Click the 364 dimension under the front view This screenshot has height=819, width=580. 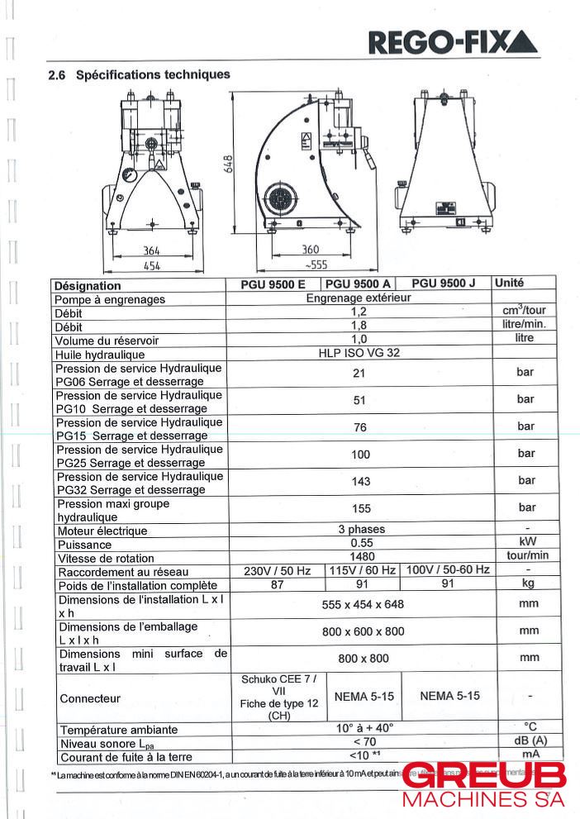(150, 250)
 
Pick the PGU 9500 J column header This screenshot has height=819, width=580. (443, 283)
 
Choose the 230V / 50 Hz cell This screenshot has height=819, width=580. (277, 571)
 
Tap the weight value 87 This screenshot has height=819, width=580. (277, 584)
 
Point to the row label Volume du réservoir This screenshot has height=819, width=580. (107, 340)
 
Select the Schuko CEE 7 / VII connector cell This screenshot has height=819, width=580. (277, 698)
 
